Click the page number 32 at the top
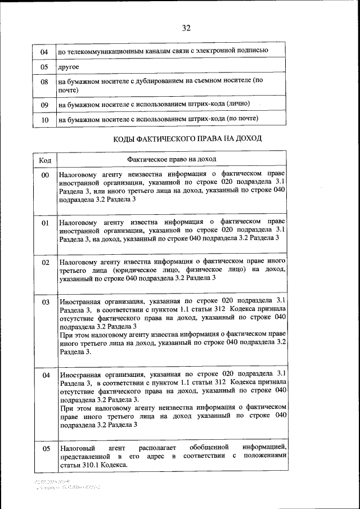186,28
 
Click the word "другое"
69,67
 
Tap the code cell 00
46,176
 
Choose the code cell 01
46,223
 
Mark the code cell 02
46,263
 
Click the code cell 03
46,302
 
